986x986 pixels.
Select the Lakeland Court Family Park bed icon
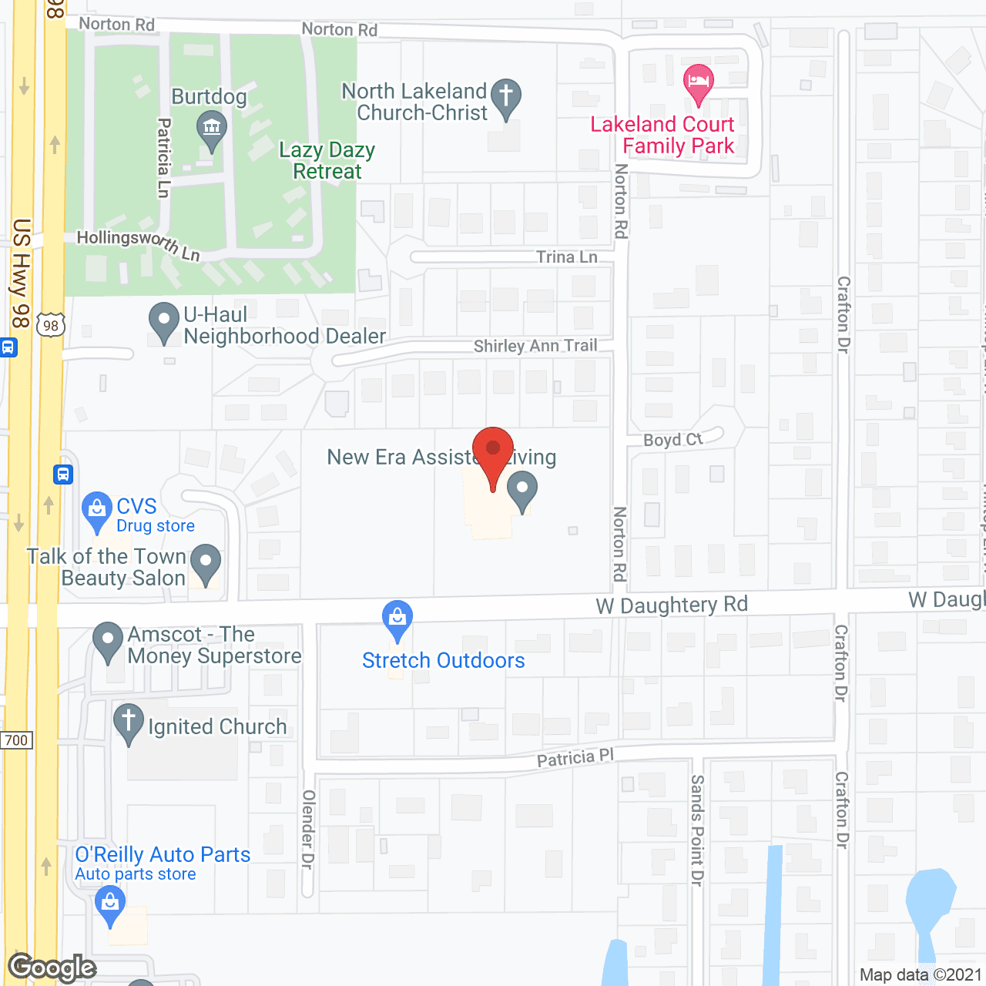(699, 82)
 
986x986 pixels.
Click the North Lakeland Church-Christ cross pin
(506, 97)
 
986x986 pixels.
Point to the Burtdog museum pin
(211, 128)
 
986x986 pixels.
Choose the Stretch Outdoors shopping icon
(397, 619)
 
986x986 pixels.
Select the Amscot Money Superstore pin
(108, 640)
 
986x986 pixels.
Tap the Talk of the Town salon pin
(206, 562)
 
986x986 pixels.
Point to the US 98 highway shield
(51, 325)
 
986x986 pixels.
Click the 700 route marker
(16, 740)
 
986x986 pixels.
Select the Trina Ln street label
(567, 257)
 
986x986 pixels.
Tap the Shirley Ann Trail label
(535, 346)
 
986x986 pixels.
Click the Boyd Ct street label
(673, 440)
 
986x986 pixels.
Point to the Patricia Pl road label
(575, 758)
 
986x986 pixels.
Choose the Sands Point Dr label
(697, 830)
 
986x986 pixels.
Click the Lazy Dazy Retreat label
(327, 160)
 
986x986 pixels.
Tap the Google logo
(52, 968)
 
